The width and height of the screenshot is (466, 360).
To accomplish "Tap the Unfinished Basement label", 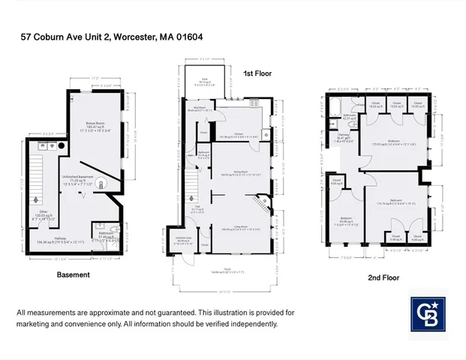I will coord(77,178).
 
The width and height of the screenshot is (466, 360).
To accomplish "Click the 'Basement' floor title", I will coord(74,275).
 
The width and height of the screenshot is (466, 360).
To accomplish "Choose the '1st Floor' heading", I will coord(257,73).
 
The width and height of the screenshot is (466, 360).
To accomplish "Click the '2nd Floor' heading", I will coord(384,277).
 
